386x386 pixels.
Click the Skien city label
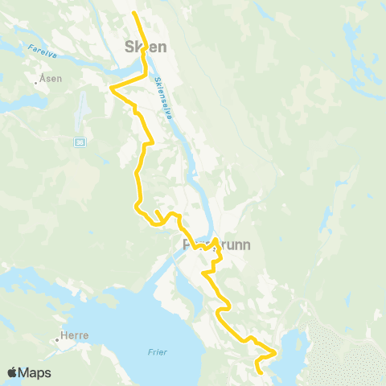click(146, 47)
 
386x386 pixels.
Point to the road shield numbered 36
click(79, 142)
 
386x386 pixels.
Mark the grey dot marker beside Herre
click(58, 339)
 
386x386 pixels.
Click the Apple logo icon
click(12, 372)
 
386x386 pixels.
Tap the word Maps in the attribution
click(35, 372)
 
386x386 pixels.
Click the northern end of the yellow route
click(133, 14)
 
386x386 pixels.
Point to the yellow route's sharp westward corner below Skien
click(110, 88)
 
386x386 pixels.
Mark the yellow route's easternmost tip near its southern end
click(276, 352)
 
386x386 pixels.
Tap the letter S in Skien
click(129, 47)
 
